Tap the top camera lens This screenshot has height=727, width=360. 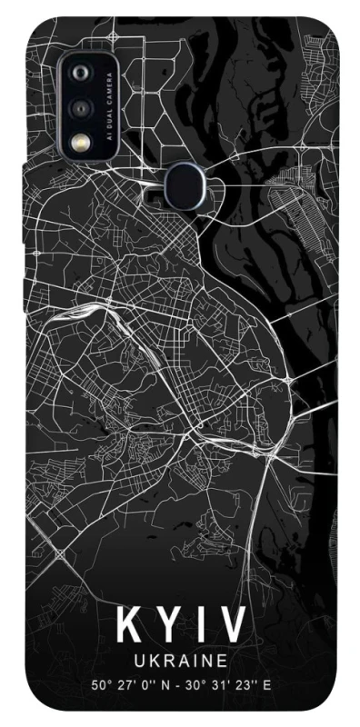click(x=81, y=74)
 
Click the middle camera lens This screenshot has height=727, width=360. click(x=81, y=107)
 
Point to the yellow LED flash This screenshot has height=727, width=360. click(x=81, y=142)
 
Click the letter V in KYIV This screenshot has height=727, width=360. click(x=233, y=627)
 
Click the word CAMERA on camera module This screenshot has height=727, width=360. click(x=107, y=90)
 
